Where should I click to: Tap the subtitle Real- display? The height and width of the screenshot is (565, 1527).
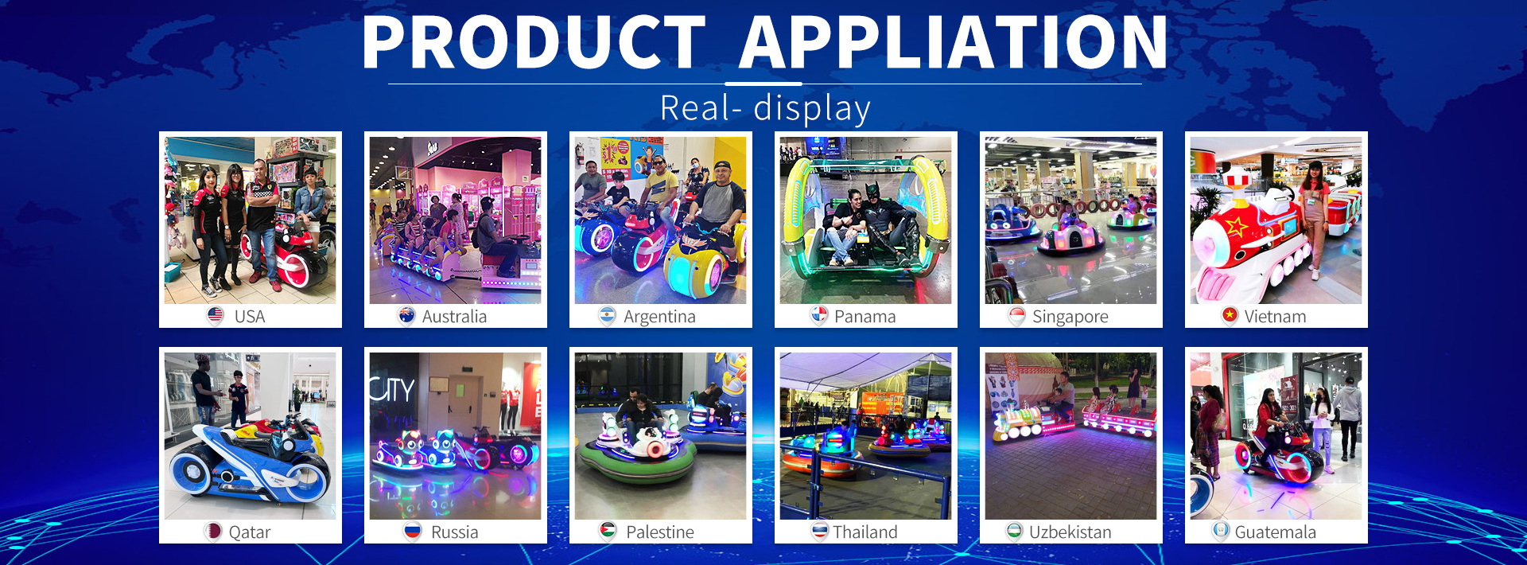click(765, 108)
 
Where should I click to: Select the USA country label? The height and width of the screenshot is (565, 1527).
click(250, 317)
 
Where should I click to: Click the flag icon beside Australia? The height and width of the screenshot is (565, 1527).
click(406, 316)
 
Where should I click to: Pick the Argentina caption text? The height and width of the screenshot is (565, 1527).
click(659, 317)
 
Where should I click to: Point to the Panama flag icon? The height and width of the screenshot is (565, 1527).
click(818, 316)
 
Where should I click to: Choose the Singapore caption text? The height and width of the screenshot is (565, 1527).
click(1070, 317)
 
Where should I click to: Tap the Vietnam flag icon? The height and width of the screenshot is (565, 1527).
click(1230, 316)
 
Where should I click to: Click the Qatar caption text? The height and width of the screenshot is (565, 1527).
click(250, 532)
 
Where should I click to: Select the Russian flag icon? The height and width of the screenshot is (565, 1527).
click(412, 532)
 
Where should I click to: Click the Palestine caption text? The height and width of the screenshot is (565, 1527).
click(660, 532)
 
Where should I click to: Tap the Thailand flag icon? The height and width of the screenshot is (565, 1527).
click(820, 532)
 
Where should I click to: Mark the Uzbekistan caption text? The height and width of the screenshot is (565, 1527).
click(1070, 532)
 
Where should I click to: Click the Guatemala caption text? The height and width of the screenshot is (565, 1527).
click(1276, 532)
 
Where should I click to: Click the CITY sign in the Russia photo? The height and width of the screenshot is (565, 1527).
click(392, 390)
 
